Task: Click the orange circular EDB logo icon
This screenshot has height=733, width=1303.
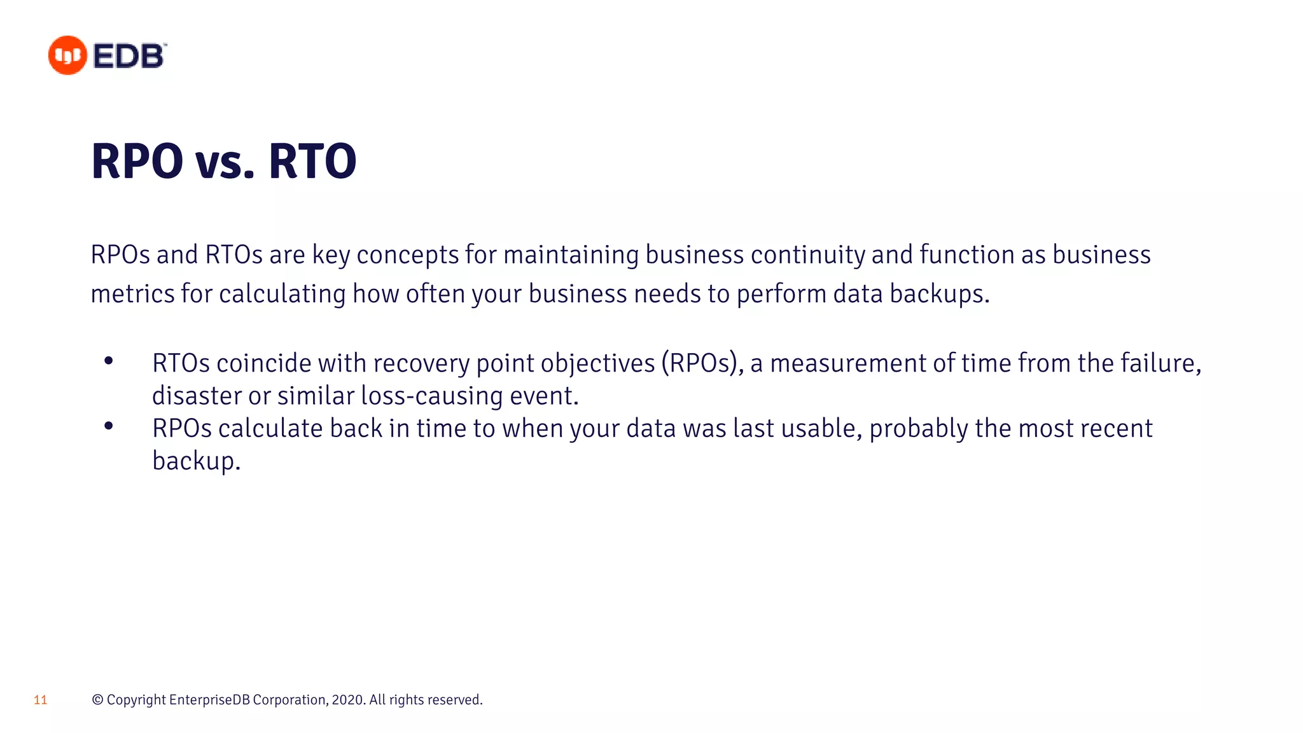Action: (x=67, y=55)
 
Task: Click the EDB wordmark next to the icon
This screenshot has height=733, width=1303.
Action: (x=129, y=56)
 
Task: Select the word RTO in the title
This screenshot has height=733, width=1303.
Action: (x=312, y=162)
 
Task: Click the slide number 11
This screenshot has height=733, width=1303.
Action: (x=41, y=701)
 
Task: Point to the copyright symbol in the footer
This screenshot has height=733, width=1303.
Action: (x=97, y=700)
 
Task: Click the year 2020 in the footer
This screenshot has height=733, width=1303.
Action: (x=347, y=700)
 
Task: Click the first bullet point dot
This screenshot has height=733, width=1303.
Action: (x=109, y=361)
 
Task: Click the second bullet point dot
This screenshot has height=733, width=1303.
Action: (x=109, y=426)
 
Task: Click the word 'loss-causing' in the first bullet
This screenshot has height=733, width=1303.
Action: (x=432, y=396)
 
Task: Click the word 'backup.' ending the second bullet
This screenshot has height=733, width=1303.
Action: (x=196, y=461)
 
